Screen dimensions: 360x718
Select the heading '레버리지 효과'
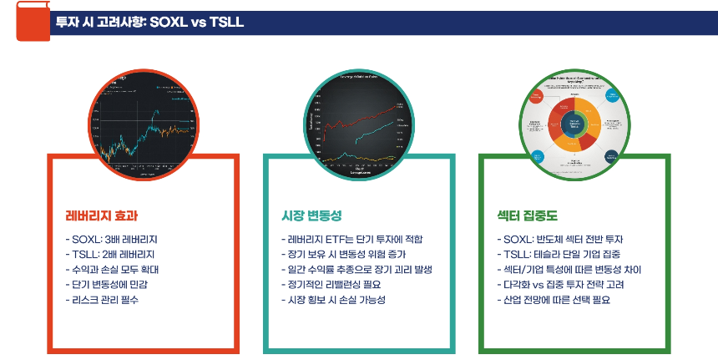102,215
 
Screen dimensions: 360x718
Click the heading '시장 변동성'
312,215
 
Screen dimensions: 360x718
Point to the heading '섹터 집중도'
528,215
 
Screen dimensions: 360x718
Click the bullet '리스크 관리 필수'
104,299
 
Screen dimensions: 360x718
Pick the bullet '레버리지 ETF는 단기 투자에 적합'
353,240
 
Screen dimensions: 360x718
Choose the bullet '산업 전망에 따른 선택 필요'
553,299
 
